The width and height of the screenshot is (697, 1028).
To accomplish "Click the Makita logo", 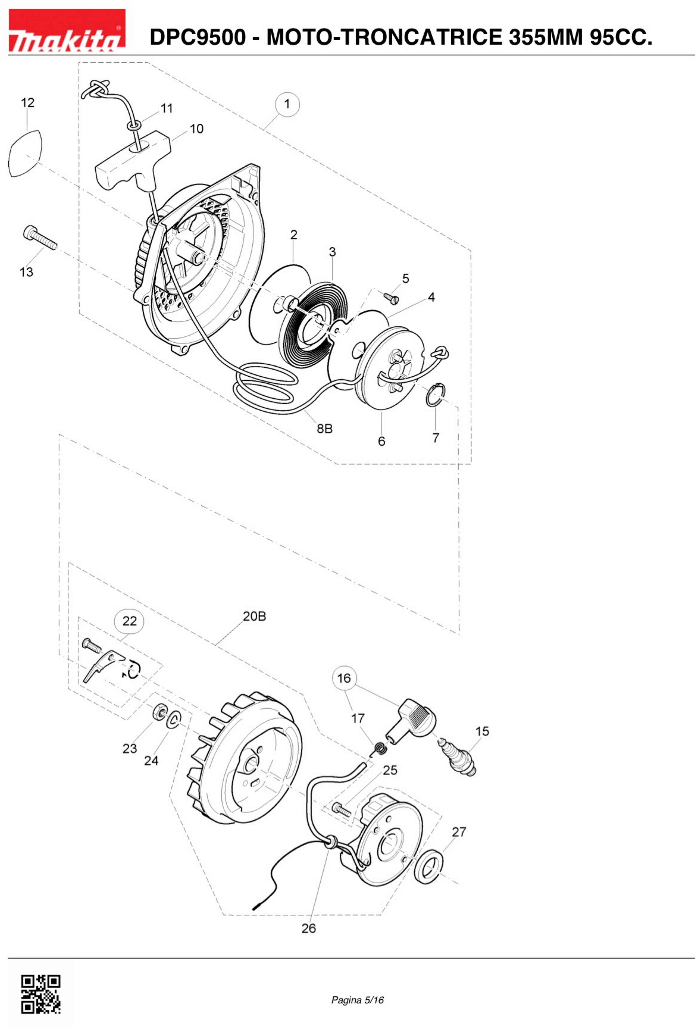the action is [x=67, y=30].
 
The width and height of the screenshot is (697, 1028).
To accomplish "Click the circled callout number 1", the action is [x=287, y=104].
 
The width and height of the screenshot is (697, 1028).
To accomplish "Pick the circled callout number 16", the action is [x=344, y=678].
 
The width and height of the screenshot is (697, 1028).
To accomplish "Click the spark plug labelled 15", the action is [x=457, y=759].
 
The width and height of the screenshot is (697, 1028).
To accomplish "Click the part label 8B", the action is [x=325, y=429].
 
